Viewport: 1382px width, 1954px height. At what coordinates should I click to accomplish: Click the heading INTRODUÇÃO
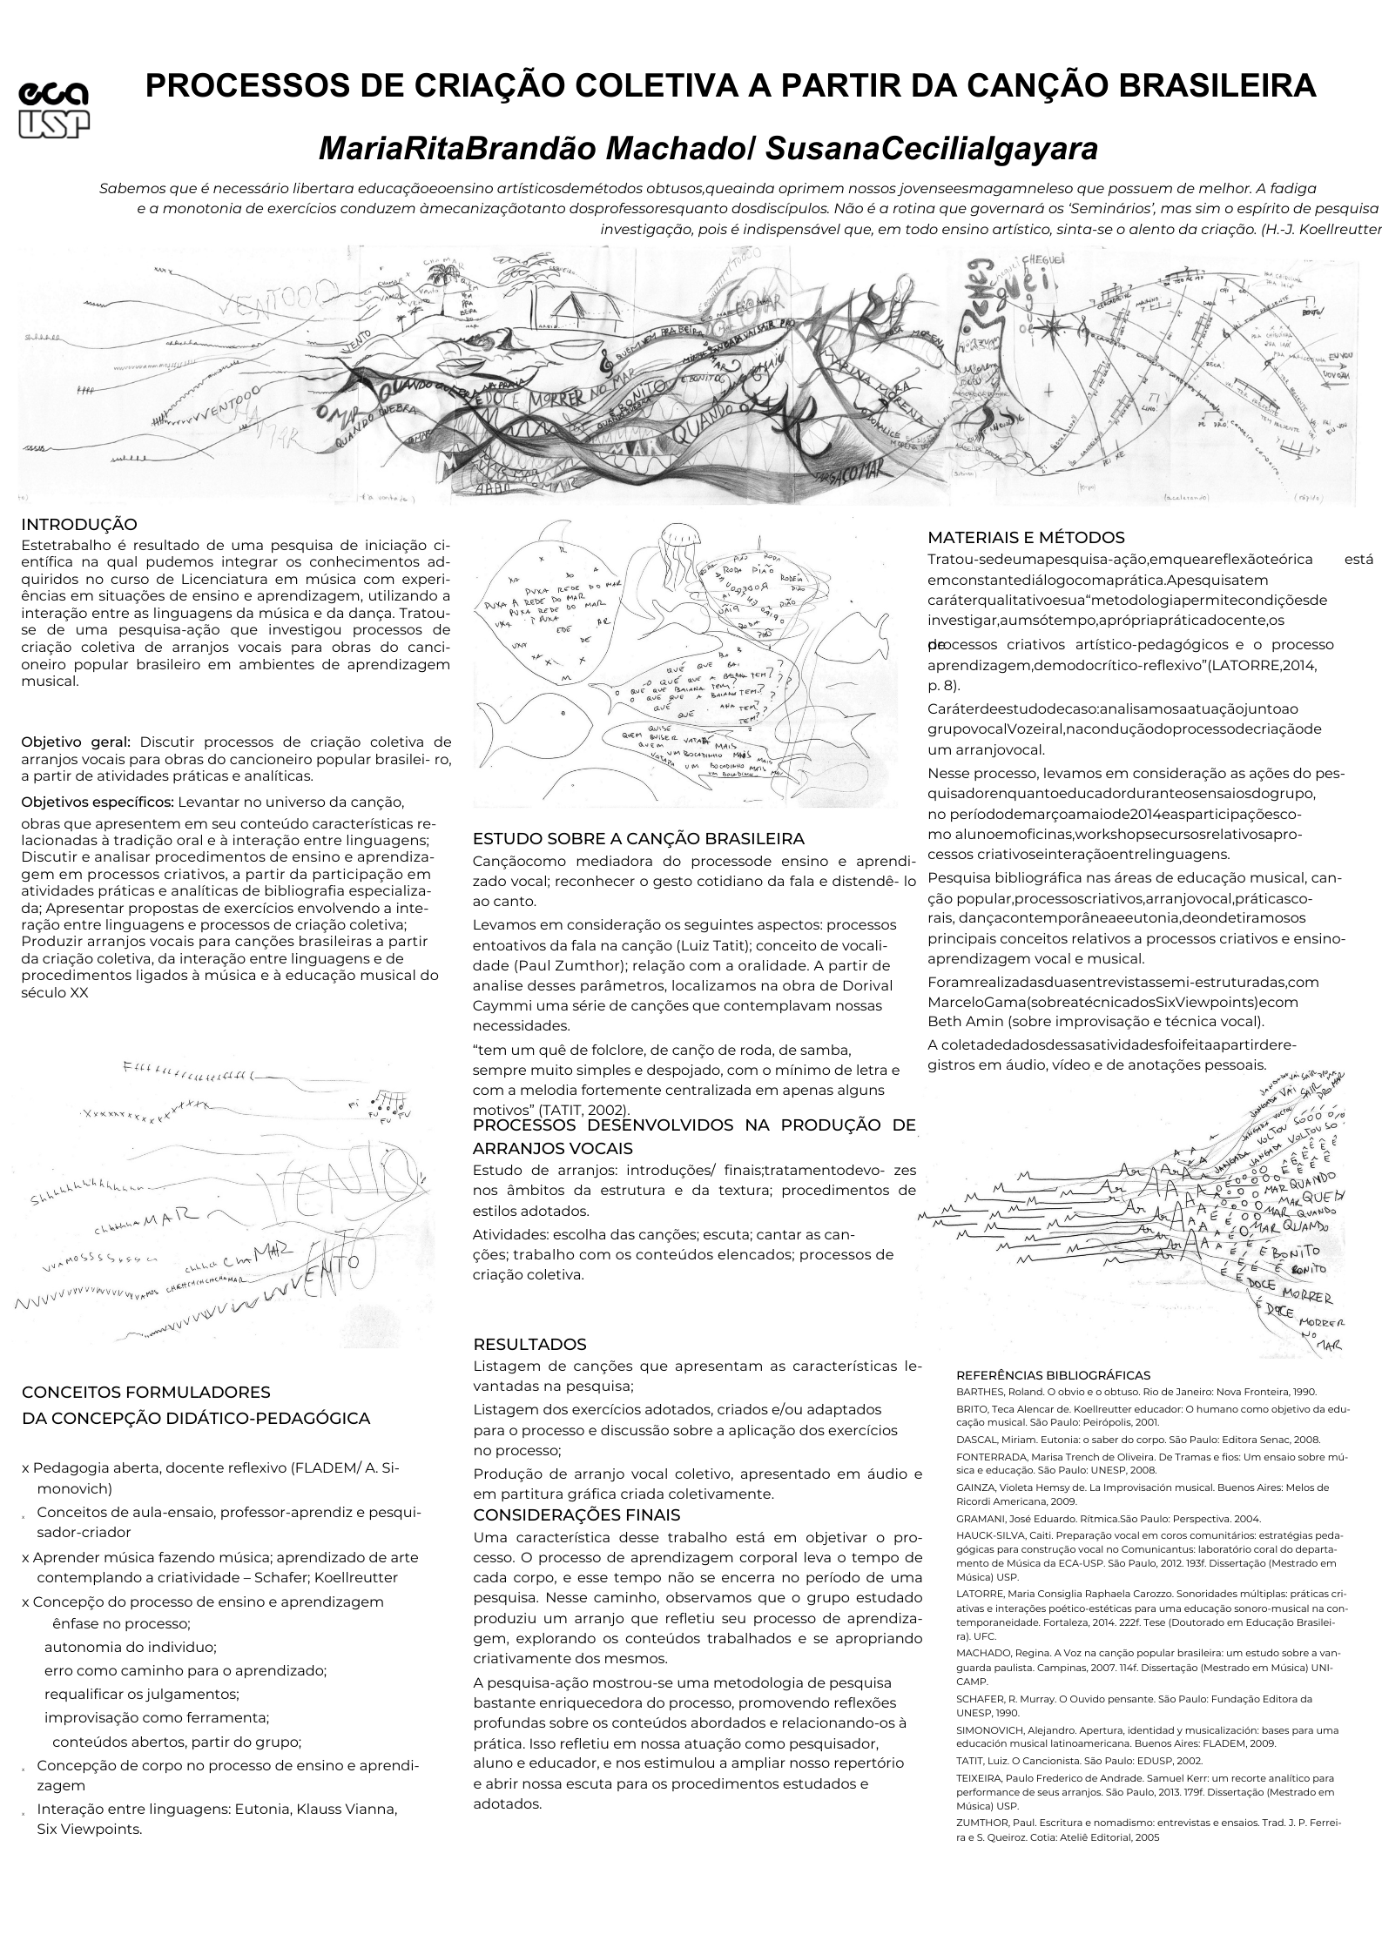click(x=79, y=525)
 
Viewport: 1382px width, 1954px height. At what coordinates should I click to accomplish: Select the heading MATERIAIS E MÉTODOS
click(x=1026, y=538)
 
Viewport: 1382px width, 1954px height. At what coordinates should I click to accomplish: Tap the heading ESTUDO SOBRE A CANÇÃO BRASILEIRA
click(x=638, y=839)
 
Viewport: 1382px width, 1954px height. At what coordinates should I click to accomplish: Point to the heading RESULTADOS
click(x=517, y=1345)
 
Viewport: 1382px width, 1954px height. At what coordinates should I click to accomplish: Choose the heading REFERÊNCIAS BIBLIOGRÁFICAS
click(x=1053, y=1375)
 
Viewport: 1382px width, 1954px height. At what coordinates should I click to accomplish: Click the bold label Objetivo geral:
click(x=76, y=742)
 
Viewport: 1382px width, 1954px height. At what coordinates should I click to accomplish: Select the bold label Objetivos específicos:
click(x=98, y=802)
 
